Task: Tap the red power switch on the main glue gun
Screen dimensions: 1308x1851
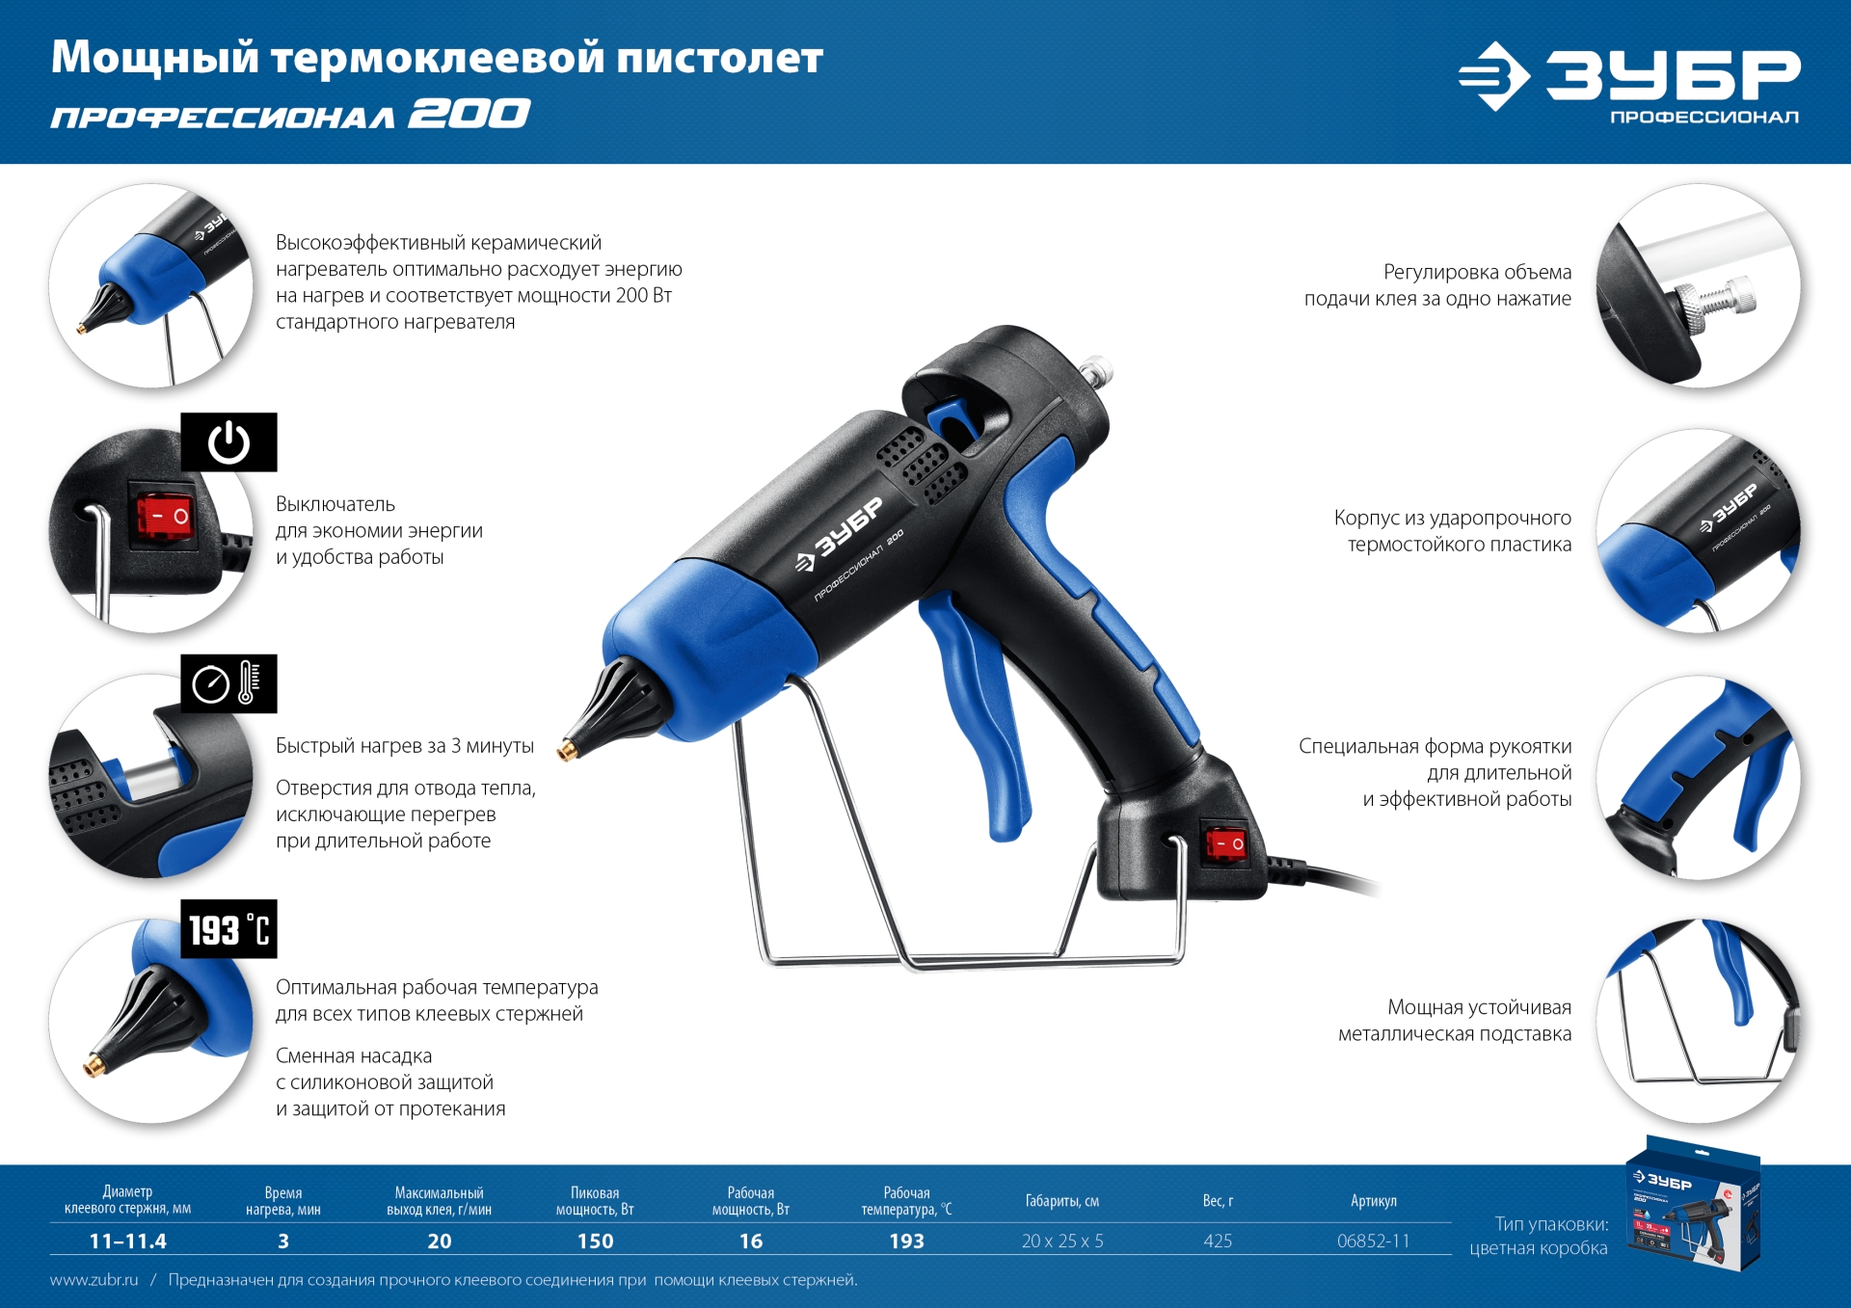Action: point(1225,843)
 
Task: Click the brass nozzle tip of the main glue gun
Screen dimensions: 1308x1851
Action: point(568,749)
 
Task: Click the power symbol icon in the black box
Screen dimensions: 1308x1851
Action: point(228,442)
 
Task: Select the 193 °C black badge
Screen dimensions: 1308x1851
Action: point(228,929)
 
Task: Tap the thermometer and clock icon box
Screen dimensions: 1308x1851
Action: point(228,683)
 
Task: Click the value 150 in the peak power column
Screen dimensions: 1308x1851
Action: point(595,1241)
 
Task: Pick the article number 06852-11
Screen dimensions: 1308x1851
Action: point(1373,1241)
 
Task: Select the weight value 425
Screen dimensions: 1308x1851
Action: point(1218,1241)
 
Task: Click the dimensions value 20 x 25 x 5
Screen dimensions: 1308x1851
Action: point(1061,1241)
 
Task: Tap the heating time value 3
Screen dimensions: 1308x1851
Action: point(283,1241)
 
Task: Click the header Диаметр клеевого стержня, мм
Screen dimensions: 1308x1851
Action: point(127,1200)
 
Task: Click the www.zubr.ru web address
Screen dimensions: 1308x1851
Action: point(94,1280)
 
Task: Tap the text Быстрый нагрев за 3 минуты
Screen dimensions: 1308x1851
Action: point(404,746)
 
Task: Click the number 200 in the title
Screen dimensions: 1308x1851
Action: point(469,115)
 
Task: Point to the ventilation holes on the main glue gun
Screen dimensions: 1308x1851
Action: point(924,465)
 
